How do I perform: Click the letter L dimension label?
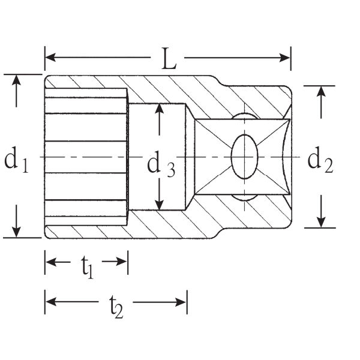[x=169, y=59]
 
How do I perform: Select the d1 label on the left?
[x=16, y=159]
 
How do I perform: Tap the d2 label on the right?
[x=320, y=160]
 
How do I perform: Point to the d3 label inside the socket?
[x=161, y=164]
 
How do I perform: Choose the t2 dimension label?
[x=116, y=307]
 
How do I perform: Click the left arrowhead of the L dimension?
[x=50, y=57]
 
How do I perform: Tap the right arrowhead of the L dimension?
[x=284, y=58]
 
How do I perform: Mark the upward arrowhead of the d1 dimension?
[x=16, y=80]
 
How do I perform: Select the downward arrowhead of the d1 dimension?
[x=16, y=232]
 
